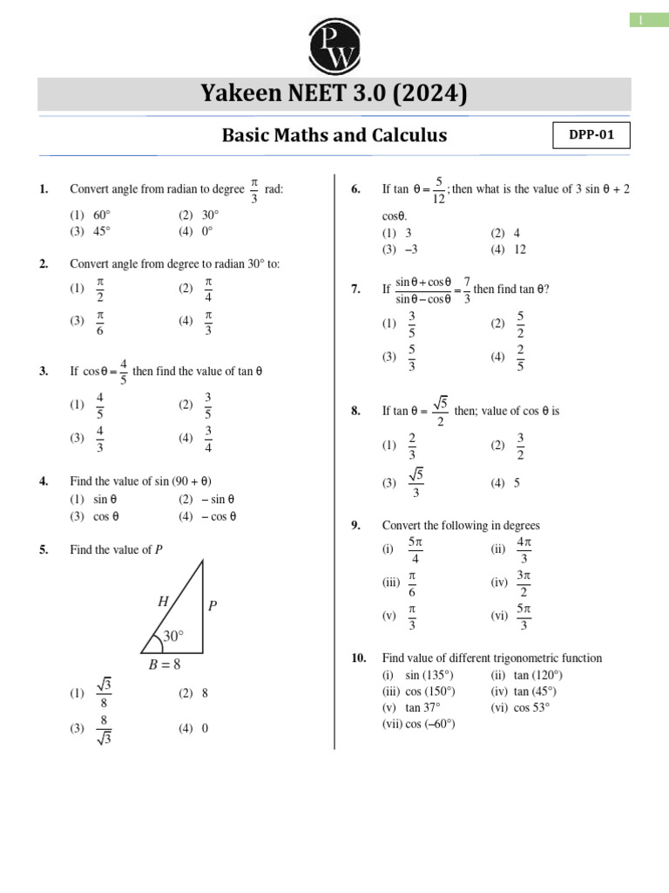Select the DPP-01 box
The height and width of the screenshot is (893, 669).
click(x=591, y=136)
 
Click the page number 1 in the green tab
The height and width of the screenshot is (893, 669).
click(x=641, y=20)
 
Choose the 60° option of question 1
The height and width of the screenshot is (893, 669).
click(x=102, y=215)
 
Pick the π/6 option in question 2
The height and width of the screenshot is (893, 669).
click(x=100, y=321)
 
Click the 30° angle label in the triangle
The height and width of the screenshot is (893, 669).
click(x=172, y=637)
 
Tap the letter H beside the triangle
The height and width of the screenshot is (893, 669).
click(x=163, y=601)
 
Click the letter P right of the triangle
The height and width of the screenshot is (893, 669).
click(x=212, y=605)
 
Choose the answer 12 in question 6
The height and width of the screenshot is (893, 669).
click(x=519, y=249)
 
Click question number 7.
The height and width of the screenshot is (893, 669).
click(x=356, y=290)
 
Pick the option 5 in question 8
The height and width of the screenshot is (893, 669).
click(x=517, y=482)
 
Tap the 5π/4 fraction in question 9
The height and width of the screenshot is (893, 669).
click(x=416, y=550)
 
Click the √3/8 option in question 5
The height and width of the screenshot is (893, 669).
click(x=105, y=693)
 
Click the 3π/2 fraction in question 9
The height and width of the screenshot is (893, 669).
click(x=524, y=583)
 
